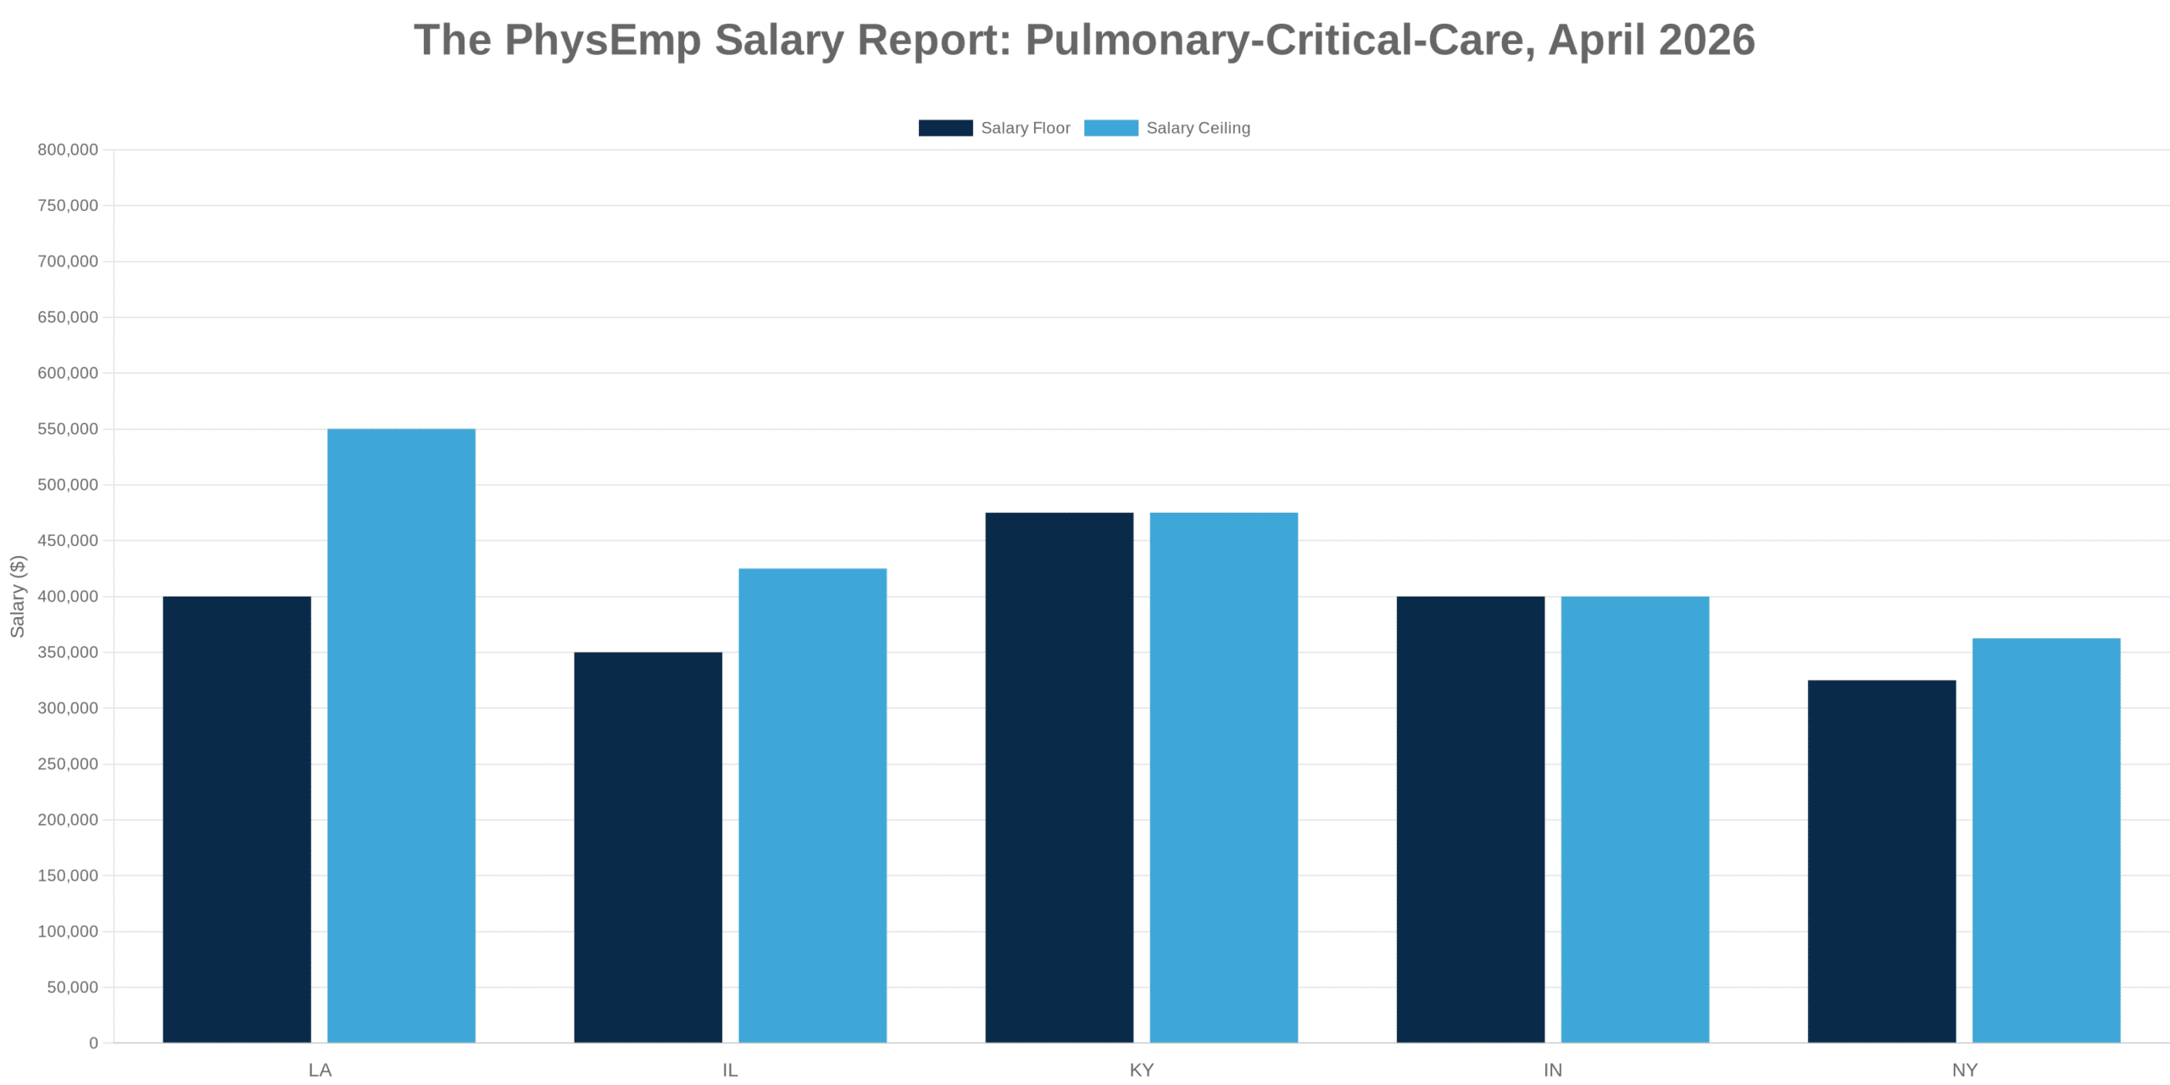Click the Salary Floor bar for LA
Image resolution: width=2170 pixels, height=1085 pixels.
[236, 819]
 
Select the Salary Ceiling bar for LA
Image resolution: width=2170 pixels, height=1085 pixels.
[401, 735]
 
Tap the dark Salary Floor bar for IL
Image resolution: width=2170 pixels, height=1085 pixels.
[648, 847]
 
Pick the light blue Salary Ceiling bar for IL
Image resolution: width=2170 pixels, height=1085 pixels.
[812, 805]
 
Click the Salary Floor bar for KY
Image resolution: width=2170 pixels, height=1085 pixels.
[1059, 777]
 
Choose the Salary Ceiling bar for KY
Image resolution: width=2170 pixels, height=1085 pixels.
[1223, 777]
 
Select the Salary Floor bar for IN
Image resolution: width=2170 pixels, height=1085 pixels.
[1470, 819]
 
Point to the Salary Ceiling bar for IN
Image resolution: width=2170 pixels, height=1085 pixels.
[1634, 819]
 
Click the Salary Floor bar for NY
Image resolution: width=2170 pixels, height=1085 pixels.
[1881, 861]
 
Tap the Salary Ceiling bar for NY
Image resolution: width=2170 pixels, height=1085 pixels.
[2045, 840]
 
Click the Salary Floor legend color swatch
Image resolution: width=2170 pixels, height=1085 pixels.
[945, 128]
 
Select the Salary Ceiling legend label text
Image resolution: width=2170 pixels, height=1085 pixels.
[1198, 128]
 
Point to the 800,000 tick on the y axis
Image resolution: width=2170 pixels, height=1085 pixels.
[68, 150]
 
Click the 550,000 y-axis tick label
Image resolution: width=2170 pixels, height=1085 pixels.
[68, 429]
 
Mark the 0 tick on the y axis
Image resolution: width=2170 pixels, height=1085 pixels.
[93, 1043]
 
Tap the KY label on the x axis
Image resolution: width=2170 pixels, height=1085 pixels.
[1141, 1071]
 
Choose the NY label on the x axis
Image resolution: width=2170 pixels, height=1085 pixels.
[1964, 1071]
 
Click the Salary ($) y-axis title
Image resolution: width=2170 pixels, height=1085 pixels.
[18, 596]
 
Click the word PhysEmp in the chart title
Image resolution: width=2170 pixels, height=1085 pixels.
[603, 40]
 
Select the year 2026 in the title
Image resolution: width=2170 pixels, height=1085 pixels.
[1706, 40]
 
